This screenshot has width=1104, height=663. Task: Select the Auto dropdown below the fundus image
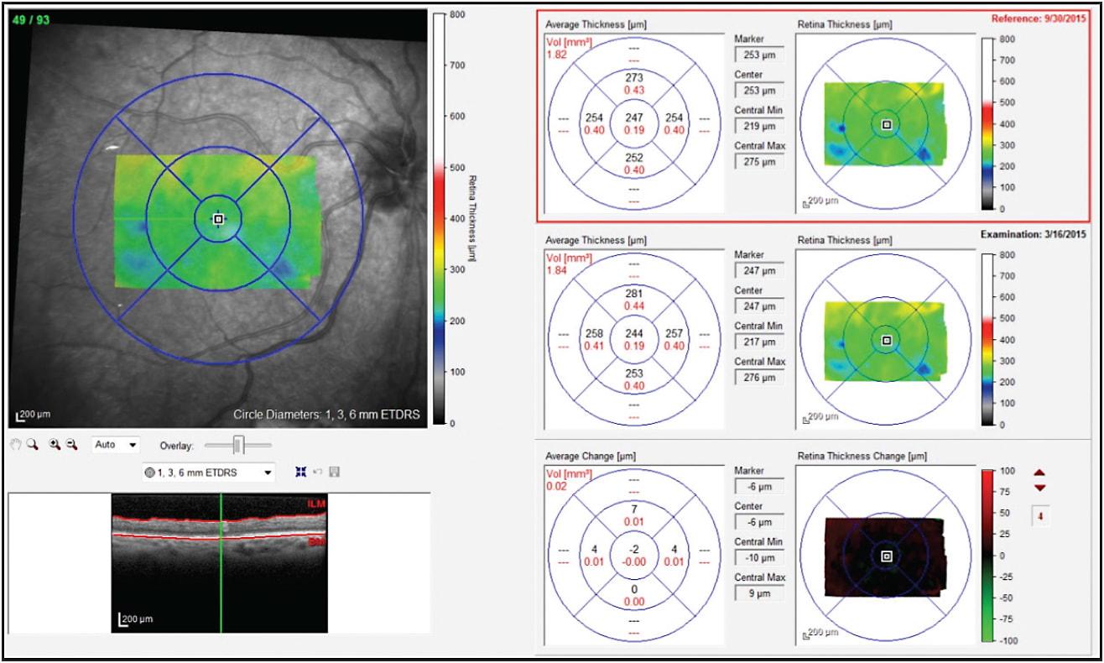point(116,445)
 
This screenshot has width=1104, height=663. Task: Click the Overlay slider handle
point(238,445)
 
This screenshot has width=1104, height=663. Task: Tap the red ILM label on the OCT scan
point(315,504)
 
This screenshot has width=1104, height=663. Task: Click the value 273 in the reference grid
point(633,78)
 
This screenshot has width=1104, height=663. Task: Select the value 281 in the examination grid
point(633,294)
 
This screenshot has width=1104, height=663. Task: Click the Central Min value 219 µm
point(758,126)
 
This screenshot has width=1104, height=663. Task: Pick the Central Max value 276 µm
point(758,378)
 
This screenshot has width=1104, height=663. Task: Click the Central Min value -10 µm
point(758,558)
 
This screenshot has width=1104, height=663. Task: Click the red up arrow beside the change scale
point(1040,472)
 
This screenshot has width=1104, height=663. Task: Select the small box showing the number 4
point(1040,516)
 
